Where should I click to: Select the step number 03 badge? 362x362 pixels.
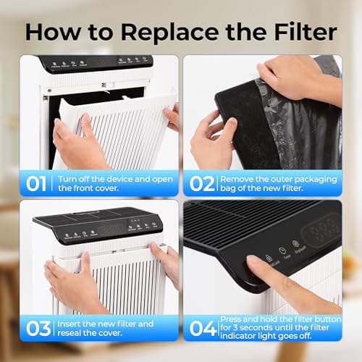pos(37,328)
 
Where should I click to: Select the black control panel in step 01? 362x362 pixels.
pos(94,63)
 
